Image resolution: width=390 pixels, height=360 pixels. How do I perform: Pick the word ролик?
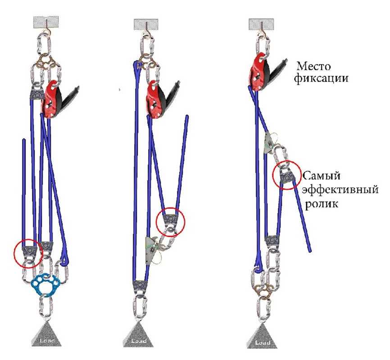click(x=321, y=203)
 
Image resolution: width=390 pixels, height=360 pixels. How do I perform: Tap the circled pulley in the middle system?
click(x=170, y=220)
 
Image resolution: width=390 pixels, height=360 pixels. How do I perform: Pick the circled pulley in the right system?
click(x=286, y=176)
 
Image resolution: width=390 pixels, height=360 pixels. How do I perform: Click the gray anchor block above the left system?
click(x=45, y=22)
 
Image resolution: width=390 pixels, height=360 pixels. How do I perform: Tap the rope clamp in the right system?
click(x=269, y=142)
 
